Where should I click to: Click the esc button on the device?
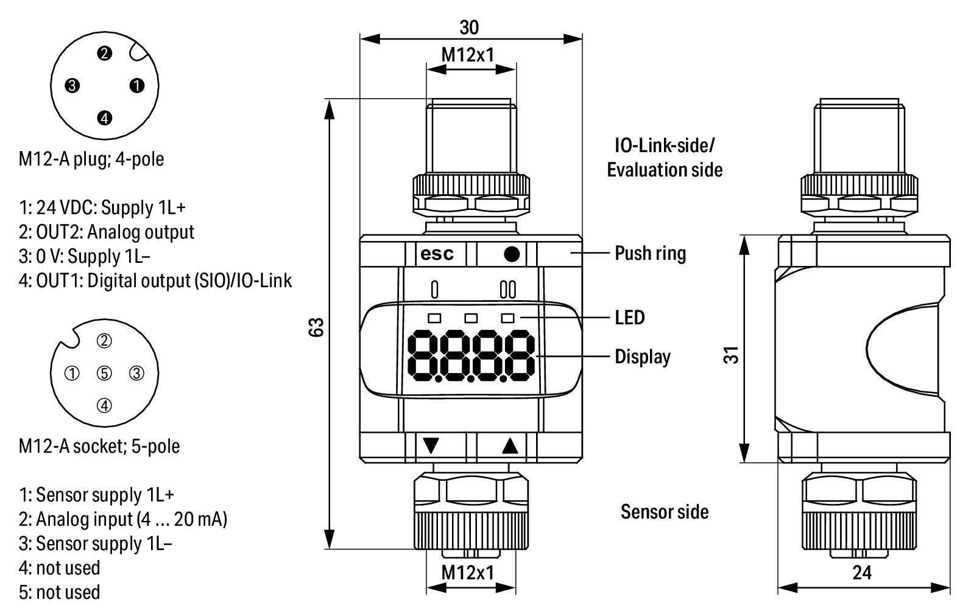[x=437, y=254]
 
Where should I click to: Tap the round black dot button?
[x=512, y=254]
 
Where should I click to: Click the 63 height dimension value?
[x=316, y=327]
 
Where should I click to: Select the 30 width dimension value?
[x=469, y=27]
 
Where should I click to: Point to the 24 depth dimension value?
[x=862, y=573]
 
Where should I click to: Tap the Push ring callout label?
[x=650, y=253]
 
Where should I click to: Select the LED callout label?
[x=629, y=318]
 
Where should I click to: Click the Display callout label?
[x=642, y=357]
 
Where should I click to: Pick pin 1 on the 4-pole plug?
[x=137, y=86]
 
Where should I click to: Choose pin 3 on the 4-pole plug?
[x=72, y=86]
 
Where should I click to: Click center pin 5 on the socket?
[x=105, y=373]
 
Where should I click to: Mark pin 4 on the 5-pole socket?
[x=105, y=405]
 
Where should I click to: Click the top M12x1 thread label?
[x=468, y=55]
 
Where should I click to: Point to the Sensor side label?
[x=665, y=512]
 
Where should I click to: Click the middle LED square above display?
[x=471, y=318]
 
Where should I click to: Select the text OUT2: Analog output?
[x=107, y=232]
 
